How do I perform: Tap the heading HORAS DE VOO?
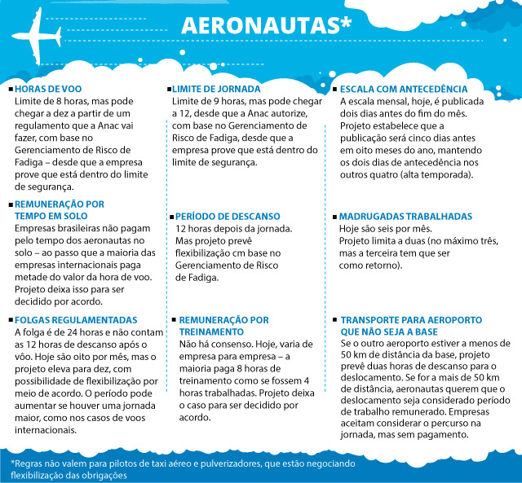click(x=48, y=89)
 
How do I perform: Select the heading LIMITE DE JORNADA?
click(x=216, y=89)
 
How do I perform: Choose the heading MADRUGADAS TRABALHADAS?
click(x=405, y=217)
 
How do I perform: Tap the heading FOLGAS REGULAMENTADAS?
click(x=76, y=321)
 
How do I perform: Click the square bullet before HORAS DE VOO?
click(x=10, y=90)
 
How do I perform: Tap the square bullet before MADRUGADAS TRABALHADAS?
click(x=334, y=218)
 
